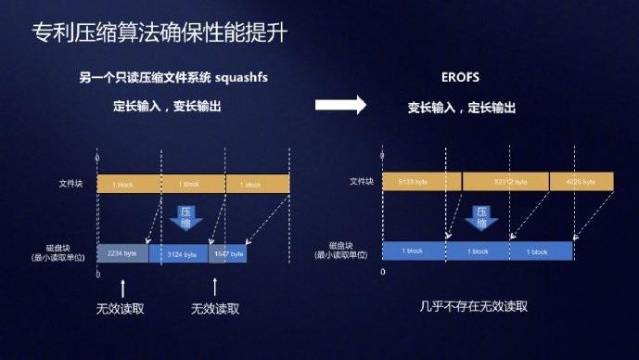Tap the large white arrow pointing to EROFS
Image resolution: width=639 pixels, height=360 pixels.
pyautogui.click(x=341, y=105)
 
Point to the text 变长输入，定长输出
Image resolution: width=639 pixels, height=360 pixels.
pyautogui.click(x=461, y=107)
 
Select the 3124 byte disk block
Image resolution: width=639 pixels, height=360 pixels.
pyautogui.click(x=178, y=253)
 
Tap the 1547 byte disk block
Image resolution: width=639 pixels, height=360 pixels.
pyautogui.click(x=228, y=253)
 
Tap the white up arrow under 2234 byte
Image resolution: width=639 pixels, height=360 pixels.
pyautogui.click(x=122, y=288)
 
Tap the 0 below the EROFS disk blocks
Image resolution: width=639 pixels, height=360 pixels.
pyautogui.click(x=384, y=274)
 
